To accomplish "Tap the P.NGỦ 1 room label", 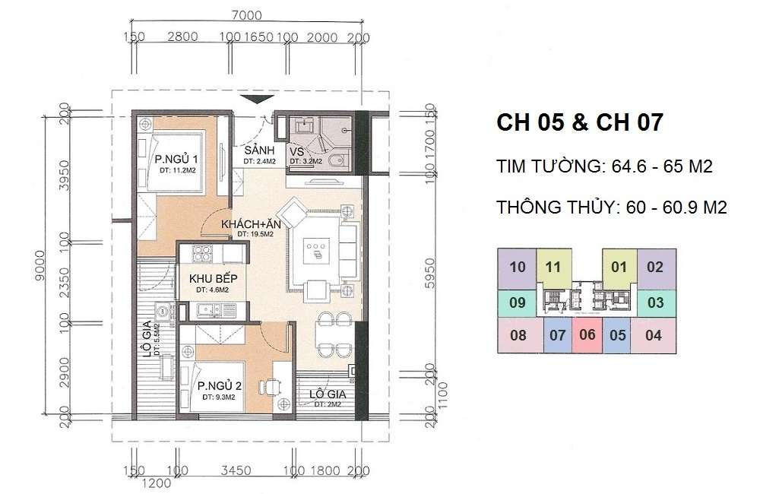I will (x=177, y=160).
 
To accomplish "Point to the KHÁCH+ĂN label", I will (x=249, y=225).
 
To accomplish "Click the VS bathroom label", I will (x=296, y=150).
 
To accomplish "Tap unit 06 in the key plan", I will (x=587, y=334).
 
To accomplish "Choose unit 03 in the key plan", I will (x=655, y=302).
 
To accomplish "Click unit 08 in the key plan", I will (x=518, y=334).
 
